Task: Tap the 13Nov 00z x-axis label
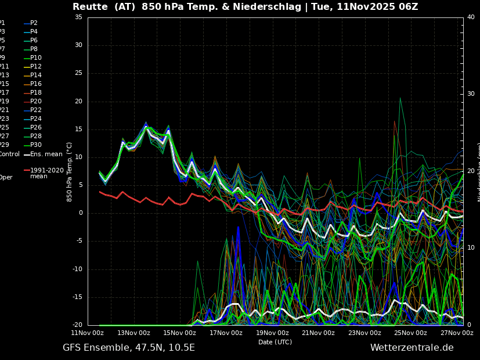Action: pyautogui.click(x=133, y=333)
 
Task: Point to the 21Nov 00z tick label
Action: pyautogui.click(x=318, y=333)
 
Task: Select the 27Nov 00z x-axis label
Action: pyautogui.click(x=457, y=333)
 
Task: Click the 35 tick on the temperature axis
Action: pyautogui.click(x=78, y=17)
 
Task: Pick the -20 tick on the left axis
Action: pyautogui.click(x=77, y=325)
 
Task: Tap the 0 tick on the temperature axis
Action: pyautogui.click(x=80, y=213)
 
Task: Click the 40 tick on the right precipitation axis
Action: pyautogui.click(x=471, y=17)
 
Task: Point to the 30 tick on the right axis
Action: pyautogui.click(x=471, y=94)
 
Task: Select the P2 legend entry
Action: pyautogui.click(x=34, y=23)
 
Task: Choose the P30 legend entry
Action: pyautogui.click(x=35, y=145)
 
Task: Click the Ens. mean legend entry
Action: pyautogui.click(x=46, y=154)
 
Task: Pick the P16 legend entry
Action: pyautogui.click(x=35, y=84)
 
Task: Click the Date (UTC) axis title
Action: pyautogui.click(x=275, y=342)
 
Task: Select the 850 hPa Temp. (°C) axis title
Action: pyautogui.click(x=70, y=172)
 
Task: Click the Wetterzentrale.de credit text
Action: pyautogui.click(x=412, y=348)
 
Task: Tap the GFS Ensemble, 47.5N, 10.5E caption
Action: pyautogui.click(x=129, y=348)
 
